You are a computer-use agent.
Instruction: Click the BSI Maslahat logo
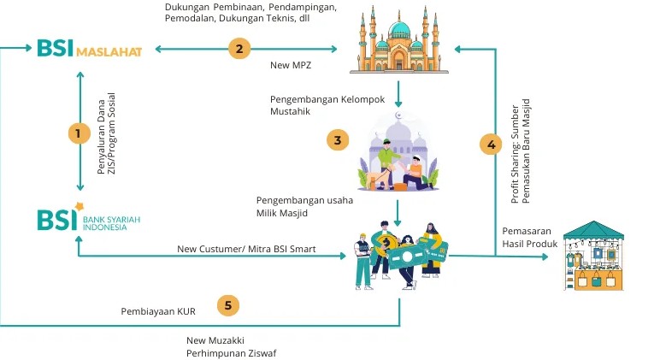pyautogui.click(x=88, y=48)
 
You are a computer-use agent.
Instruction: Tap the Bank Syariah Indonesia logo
pyautogui.click(x=88, y=220)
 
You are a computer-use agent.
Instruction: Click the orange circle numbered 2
pyautogui.click(x=240, y=49)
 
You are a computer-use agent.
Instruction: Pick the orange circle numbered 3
pyautogui.click(x=339, y=139)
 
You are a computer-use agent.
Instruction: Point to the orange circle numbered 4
pyautogui.click(x=491, y=145)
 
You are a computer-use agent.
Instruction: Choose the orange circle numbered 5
pyautogui.click(x=227, y=304)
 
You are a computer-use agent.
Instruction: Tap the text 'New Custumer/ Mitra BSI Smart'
pyautogui.click(x=246, y=250)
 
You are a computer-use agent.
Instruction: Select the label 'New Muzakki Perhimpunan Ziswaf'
pyautogui.click(x=231, y=346)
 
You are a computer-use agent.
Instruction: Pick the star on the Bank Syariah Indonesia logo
pyautogui.click(x=80, y=206)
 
